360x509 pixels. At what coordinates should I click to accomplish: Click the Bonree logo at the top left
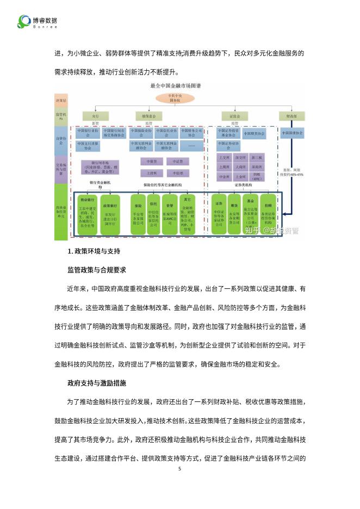tap(37, 22)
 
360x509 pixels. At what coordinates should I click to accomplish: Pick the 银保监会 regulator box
tap(141, 116)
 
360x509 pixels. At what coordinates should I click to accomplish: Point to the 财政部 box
tap(291, 116)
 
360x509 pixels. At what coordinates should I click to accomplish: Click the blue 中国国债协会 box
tap(293, 133)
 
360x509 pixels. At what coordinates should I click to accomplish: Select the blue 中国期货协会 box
tap(254, 133)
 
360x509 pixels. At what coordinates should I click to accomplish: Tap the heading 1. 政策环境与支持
tap(94, 251)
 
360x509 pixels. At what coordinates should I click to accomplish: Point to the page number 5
tap(180, 468)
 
